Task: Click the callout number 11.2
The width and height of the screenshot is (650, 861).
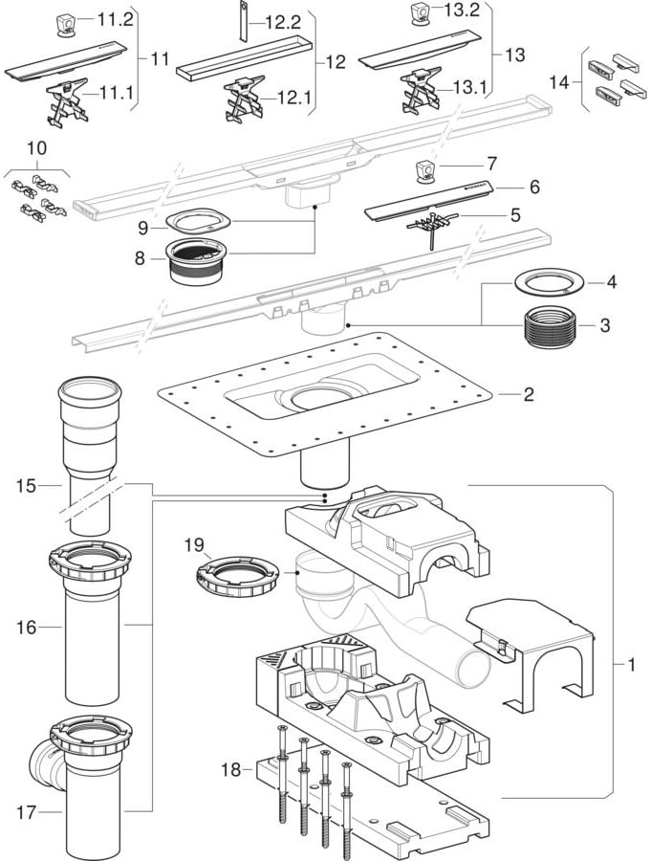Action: (118, 19)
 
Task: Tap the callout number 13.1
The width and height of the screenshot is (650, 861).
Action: (469, 87)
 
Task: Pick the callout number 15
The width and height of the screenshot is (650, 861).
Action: (25, 486)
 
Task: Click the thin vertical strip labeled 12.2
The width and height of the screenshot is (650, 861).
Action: (243, 21)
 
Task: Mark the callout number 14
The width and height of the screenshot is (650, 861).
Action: (562, 82)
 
